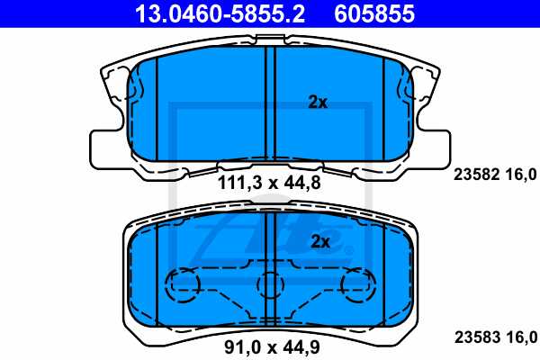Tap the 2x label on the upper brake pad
tap(317, 103)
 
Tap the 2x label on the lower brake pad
tap(320, 241)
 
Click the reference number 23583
tap(467, 338)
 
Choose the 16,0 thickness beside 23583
tap(522, 338)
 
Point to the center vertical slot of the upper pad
tap(270, 103)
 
